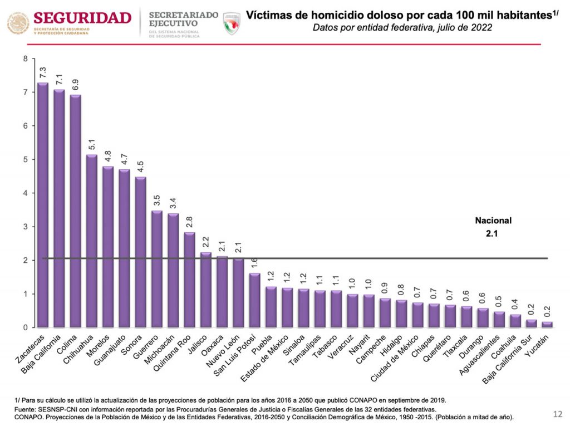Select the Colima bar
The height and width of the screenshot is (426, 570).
click(75, 211)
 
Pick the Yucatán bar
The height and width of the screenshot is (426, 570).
click(548, 325)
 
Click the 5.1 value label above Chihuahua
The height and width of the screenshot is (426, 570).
click(92, 145)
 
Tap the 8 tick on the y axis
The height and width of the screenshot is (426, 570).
click(25, 59)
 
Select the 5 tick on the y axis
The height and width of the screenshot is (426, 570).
click(25, 160)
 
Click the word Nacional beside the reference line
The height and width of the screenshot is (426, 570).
click(493, 221)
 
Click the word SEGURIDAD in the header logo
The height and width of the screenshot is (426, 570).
click(82, 17)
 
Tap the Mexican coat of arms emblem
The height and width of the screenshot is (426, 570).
click(18, 23)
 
